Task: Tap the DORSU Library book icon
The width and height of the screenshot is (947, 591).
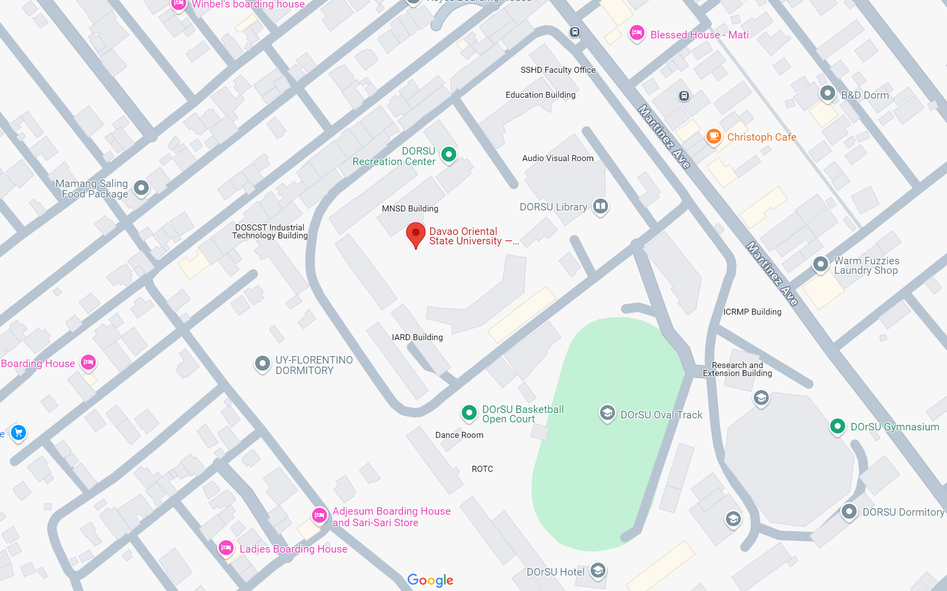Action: tap(601, 206)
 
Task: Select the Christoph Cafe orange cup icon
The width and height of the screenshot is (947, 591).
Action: tap(714, 136)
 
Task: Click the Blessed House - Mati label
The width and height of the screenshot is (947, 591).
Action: tap(699, 35)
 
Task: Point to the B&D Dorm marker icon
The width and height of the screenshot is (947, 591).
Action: tap(827, 93)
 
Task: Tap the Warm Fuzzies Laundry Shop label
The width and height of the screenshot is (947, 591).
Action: tap(866, 265)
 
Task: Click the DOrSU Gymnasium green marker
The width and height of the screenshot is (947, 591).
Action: tap(837, 426)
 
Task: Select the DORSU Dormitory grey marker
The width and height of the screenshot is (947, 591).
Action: tap(849, 511)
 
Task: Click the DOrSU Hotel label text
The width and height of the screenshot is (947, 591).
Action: tap(555, 572)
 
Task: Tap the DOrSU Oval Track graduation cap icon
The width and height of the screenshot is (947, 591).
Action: tap(607, 413)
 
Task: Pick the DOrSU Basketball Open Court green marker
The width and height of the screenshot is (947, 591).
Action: tap(469, 412)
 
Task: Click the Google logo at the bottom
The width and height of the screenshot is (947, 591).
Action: tap(430, 580)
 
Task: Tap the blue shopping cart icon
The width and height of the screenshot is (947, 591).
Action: tap(18, 432)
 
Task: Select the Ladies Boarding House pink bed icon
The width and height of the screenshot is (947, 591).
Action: tap(226, 548)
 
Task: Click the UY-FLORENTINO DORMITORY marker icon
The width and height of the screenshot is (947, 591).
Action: tap(262, 364)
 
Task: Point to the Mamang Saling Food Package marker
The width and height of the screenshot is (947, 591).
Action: tap(141, 188)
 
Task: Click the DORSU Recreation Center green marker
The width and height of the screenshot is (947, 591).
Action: tap(449, 155)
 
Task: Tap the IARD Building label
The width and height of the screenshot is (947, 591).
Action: tap(417, 337)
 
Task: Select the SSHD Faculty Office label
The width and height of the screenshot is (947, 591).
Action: tap(558, 70)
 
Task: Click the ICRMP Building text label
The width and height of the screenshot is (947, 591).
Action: tap(752, 312)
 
